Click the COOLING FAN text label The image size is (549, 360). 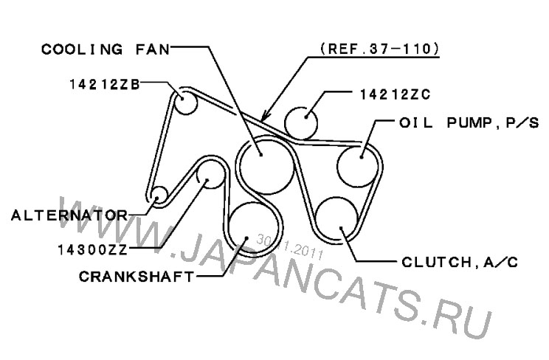click(x=106, y=49)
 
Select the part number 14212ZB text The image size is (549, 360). click(x=105, y=84)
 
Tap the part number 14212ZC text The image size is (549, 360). click(x=396, y=94)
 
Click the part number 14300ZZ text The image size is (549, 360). click(x=93, y=250)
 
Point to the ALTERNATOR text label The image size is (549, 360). click(x=69, y=215)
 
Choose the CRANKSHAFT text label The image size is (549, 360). click(x=137, y=277)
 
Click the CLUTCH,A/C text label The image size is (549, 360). click(x=460, y=262)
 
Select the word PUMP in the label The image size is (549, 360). click(x=469, y=123)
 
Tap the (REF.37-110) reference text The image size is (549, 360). click(x=379, y=49)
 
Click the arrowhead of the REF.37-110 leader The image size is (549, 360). click(x=266, y=116)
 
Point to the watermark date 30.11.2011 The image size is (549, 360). click(x=289, y=247)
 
